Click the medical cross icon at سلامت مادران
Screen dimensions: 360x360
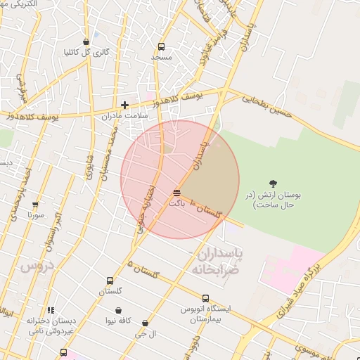(124, 105)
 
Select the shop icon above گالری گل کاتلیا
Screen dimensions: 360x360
(86, 41)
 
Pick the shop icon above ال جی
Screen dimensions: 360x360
(145, 323)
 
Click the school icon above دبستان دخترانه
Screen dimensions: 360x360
(50, 310)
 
